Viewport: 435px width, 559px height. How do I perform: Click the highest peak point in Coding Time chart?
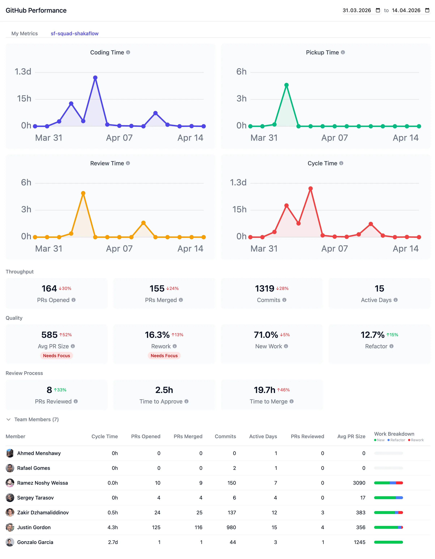[95, 78]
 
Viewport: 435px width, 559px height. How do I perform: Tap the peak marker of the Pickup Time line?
[287, 85]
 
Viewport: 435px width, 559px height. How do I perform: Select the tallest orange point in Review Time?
[83, 193]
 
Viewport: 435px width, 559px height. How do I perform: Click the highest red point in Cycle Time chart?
[311, 189]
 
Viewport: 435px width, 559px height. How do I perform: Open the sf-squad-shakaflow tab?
[74, 33]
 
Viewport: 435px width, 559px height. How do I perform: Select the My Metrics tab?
[25, 33]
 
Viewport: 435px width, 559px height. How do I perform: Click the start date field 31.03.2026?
[357, 10]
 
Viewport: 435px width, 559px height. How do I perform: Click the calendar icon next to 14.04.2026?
[427, 10]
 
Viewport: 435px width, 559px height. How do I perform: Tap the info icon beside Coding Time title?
[128, 52]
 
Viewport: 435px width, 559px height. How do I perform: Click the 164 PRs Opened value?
[49, 288]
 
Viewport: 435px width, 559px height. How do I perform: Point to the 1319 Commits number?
[264, 288]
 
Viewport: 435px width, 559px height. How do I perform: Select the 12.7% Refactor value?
[372, 335]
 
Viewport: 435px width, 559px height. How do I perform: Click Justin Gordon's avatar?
[10, 527]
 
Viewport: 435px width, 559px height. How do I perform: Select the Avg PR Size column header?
[351, 436]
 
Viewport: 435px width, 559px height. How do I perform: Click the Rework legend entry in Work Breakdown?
[416, 440]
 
